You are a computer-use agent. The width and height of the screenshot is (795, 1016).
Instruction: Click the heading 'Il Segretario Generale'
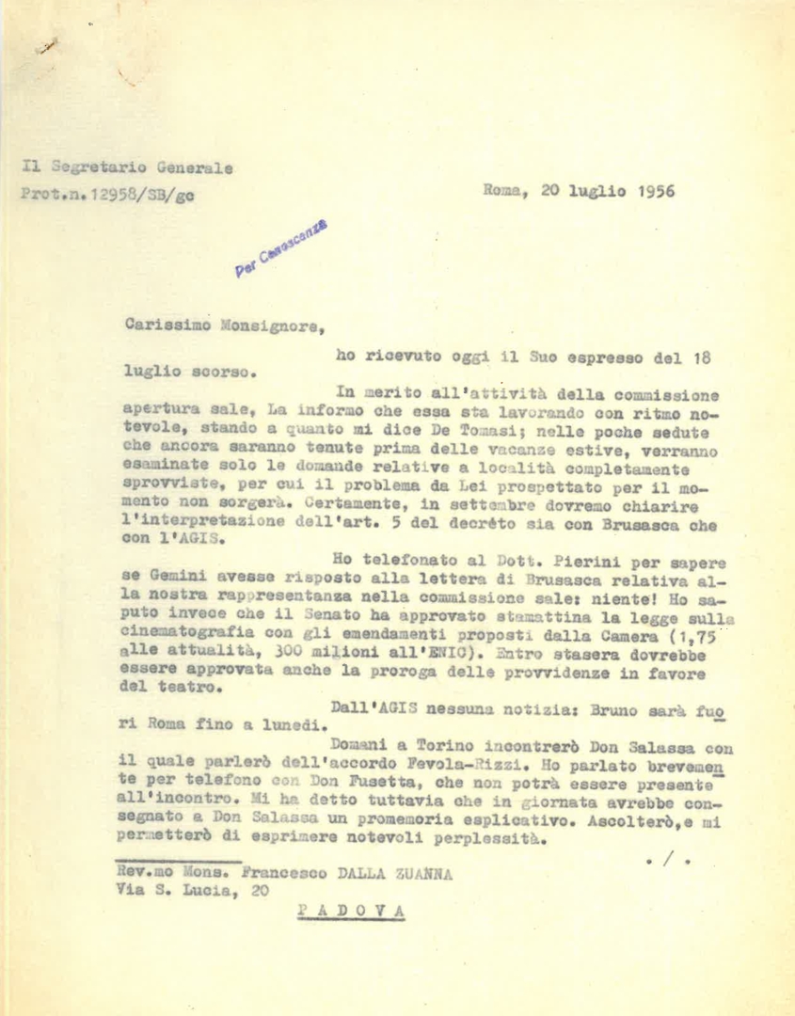tap(127, 168)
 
